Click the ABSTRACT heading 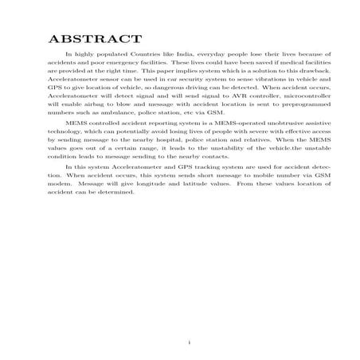[x=96, y=39]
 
